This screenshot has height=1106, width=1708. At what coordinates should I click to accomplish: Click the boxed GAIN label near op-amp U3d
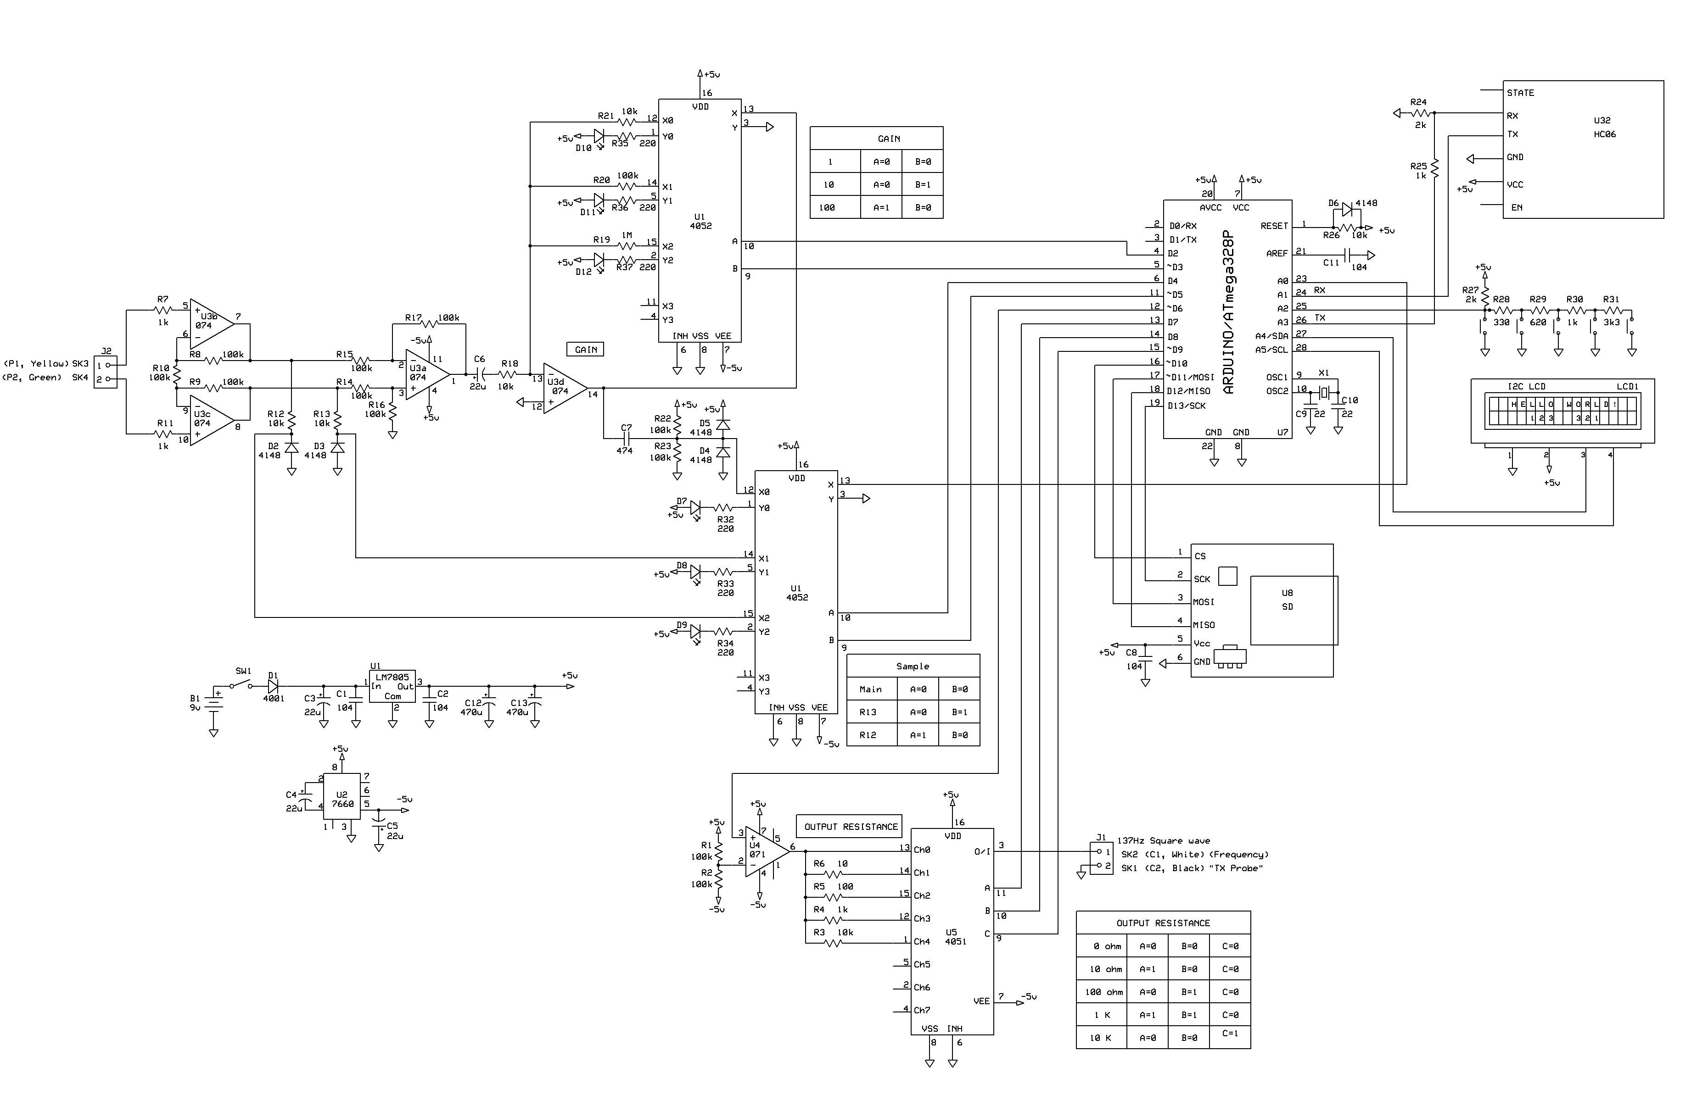(x=586, y=349)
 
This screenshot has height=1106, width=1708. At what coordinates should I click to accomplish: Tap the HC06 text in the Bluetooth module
(x=1605, y=134)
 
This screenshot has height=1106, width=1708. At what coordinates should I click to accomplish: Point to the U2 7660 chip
(x=342, y=796)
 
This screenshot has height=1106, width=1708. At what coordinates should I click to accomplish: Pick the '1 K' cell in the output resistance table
(x=1102, y=1015)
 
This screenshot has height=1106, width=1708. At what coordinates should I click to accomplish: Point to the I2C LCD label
(x=1526, y=387)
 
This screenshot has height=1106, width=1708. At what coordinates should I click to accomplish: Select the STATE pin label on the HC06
(x=1520, y=93)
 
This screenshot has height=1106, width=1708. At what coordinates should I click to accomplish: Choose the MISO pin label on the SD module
(x=1204, y=625)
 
